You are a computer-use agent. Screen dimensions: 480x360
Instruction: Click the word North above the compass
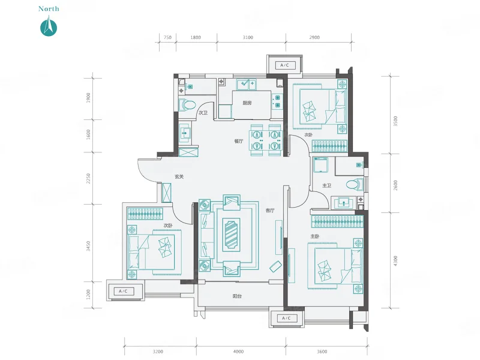[x=49, y=9]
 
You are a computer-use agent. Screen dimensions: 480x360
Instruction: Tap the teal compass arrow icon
[x=49, y=28]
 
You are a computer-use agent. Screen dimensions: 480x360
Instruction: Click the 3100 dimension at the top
[x=248, y=37]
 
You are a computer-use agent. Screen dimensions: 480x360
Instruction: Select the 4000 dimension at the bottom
[x=238, y=352]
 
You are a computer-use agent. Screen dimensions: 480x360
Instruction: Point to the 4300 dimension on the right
[x=395, y=261]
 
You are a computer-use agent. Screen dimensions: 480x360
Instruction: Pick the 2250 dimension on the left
[x=88, y=178]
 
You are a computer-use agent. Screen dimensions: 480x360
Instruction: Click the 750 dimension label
[x=167, y=37]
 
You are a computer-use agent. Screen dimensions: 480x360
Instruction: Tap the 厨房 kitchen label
[x=247, y=103]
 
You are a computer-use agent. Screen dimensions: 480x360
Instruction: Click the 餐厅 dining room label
[x=239, y=141]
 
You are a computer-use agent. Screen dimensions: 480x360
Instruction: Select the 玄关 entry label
[x=179, y=176]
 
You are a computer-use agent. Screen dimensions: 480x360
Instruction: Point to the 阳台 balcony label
[x=237, y=296]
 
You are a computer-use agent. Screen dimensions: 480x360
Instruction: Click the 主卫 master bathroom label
[x=326, y=185]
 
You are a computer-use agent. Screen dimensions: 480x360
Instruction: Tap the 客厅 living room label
[x=270, y=211]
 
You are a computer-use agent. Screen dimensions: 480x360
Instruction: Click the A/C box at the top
[x=284, y=65]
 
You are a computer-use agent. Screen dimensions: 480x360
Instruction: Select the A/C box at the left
[x=123, y=291]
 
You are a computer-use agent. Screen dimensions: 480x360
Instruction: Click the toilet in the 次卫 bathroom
[x=187, y=104]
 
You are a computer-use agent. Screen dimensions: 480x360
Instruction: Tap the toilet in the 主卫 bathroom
[x=355, y=185]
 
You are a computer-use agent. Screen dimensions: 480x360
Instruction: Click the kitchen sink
[x=246, y=85]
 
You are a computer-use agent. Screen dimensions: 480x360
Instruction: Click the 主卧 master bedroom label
[x=315, y=236]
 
